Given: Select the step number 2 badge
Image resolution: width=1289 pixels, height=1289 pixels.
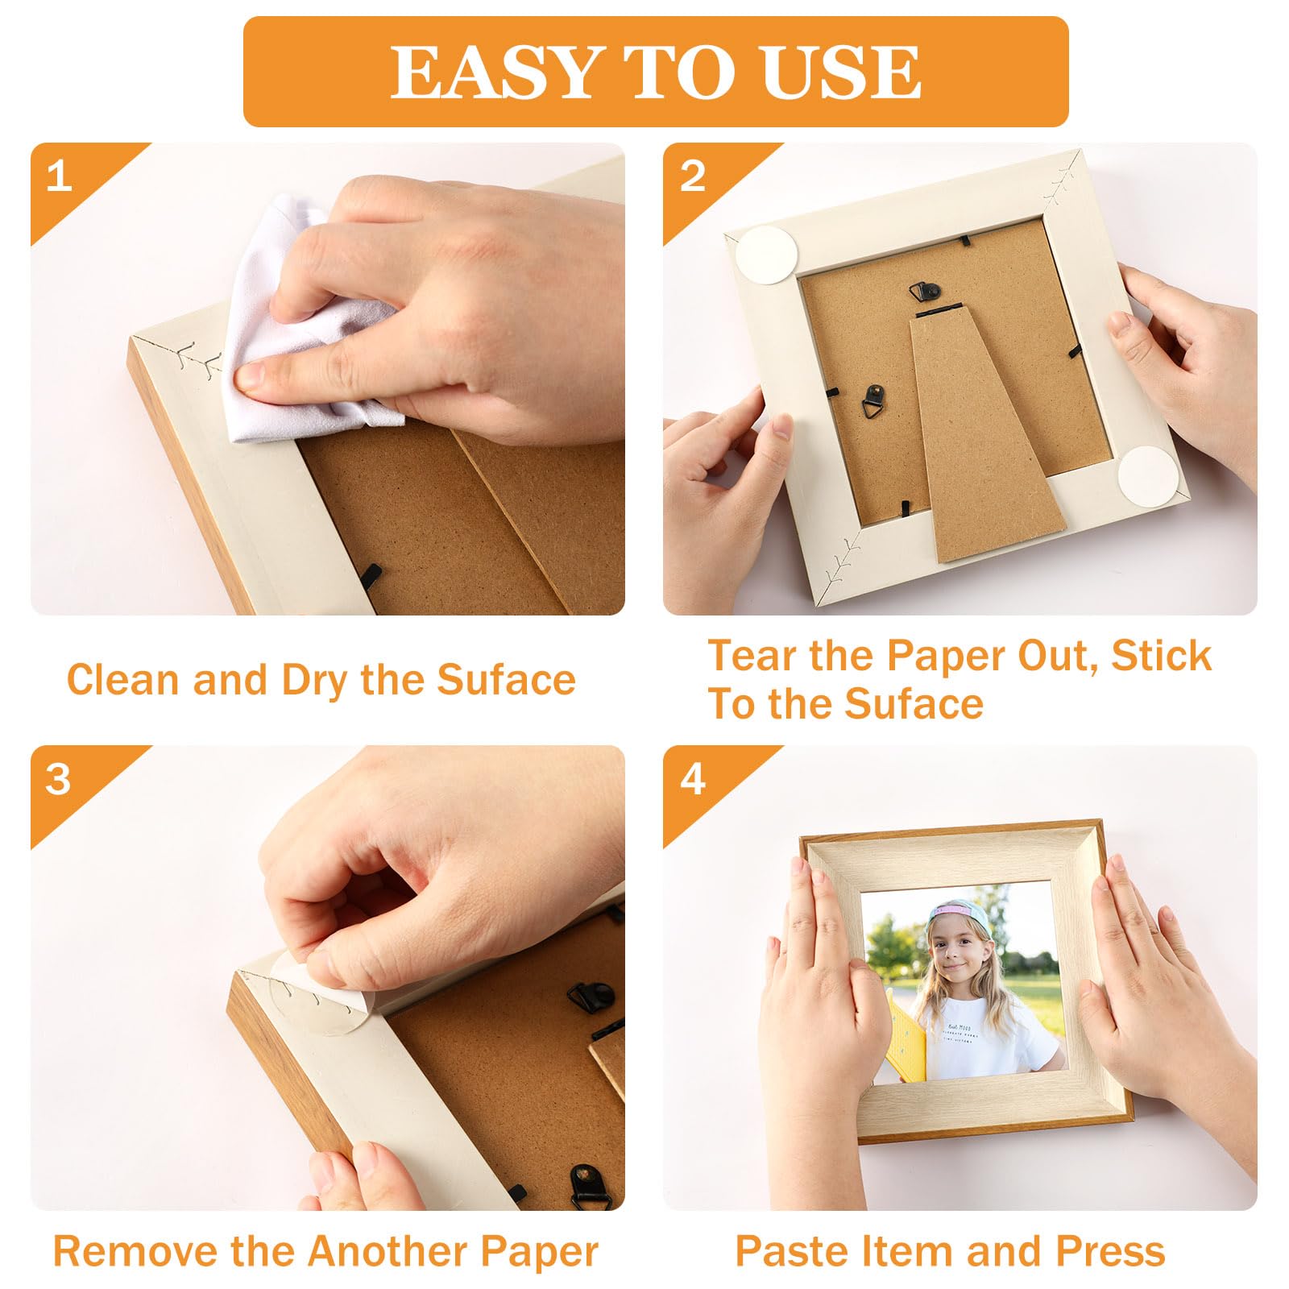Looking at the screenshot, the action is [x=692, y=176].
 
